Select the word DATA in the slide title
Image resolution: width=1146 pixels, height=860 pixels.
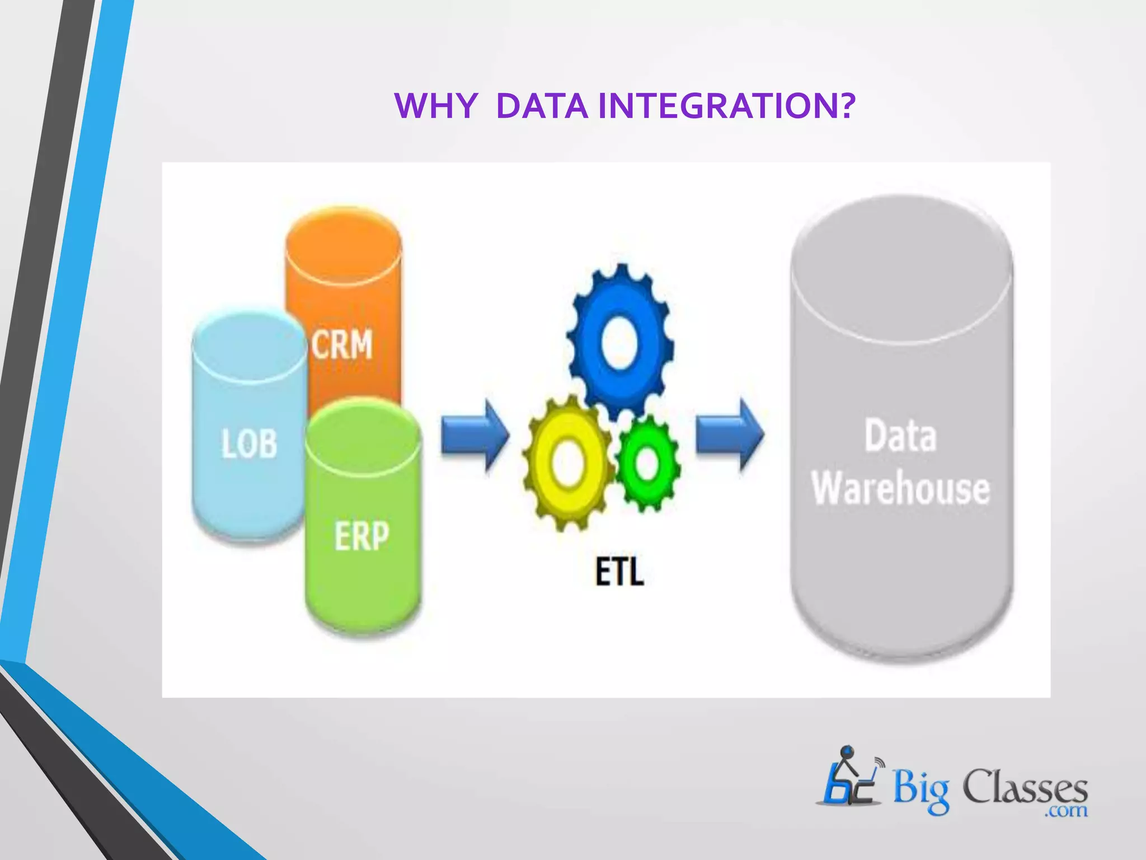pos(542,105)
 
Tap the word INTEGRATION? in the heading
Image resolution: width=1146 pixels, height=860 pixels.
pos(726,105)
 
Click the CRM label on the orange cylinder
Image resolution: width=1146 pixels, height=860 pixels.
pos(342,344)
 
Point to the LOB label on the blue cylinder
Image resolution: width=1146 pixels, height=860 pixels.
pos(249,444)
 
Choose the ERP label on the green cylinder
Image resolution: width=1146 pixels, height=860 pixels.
pos(361,536)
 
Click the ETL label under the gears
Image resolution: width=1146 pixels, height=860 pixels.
pos(619,572)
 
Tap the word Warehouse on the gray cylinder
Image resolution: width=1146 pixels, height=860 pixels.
pos(901,489)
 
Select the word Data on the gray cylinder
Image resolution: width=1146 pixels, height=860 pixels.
pos(900,436)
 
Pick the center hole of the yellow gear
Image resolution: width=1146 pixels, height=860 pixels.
pos(567,462)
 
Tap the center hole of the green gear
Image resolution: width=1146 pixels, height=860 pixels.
pos(647,464)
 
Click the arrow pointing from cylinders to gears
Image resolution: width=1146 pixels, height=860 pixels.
pos(475,435)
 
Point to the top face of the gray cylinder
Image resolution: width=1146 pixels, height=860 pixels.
pos(902,269)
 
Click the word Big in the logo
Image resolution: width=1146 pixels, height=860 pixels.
pos(920,789)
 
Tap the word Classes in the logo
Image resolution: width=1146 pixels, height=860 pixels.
pos(1025,787)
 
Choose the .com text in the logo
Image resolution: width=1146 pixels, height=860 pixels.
pos(1066,810)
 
